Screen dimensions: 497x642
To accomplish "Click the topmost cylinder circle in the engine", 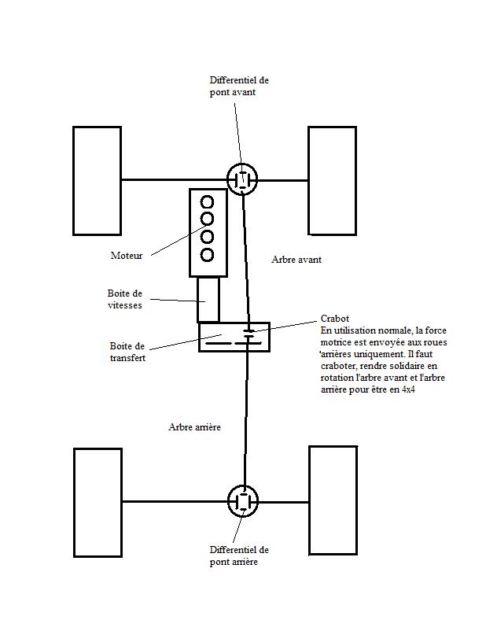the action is (207, 196).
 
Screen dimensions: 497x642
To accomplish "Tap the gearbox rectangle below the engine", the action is (197, 300).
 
